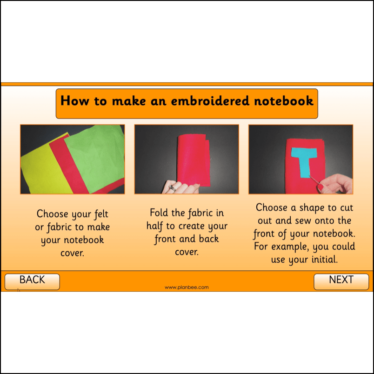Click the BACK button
pyautogui.click(x=32, y=280)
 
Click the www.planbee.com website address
pyautogui.click(x=187, y=287)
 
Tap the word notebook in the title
pyautogui.click(x=287, y=101)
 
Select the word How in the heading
pyautogui.click(x=73, y=101)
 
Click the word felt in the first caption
pyautogui.click(x=99, y=214)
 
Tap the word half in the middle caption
pyautogui.click(x=156, y=226)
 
